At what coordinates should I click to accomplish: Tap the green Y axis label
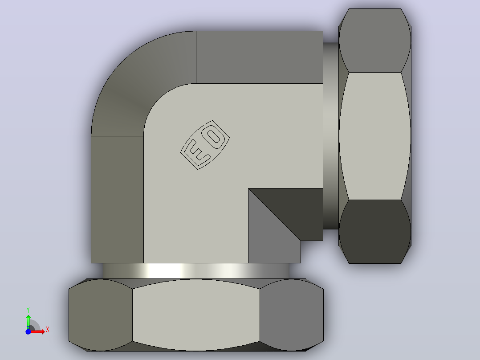click(x=28, y=310)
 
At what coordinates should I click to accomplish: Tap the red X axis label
click(x=48, y=330)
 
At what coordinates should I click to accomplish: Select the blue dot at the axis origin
click(x=28, y=331)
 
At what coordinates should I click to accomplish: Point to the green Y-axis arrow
click(x=28, y=322)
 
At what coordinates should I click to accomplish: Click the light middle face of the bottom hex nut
click(x=196, y=315)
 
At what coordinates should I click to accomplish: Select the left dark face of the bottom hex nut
click(x=101, y=315)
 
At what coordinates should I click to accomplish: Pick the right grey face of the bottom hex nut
click(x=291, y=315)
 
